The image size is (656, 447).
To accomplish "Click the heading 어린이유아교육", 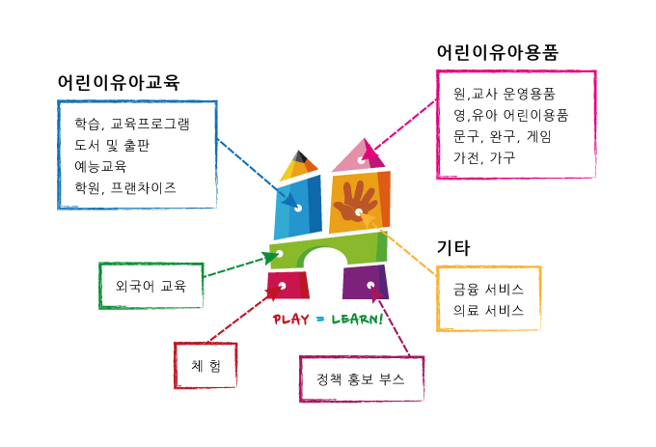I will (119, 83).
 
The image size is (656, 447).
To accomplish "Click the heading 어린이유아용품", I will (497, 52).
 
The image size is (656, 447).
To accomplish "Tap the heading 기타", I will (452, 248).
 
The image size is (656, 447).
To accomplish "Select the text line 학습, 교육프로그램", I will (132, 125).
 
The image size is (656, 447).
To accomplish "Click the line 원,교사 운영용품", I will (504, 95).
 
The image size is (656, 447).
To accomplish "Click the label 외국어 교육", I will (150, 286).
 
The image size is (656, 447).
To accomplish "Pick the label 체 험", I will (205, 365).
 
